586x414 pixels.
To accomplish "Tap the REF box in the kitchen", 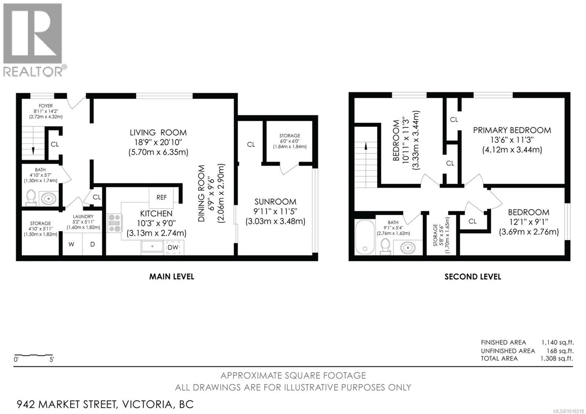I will [161, 197].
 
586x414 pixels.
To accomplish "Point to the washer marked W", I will [71, 244].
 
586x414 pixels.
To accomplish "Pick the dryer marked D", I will [92, 244].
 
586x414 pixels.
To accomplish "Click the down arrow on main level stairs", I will [33, 151].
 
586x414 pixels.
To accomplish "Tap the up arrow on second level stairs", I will [366, 146].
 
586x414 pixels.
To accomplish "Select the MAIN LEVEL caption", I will [172, 277].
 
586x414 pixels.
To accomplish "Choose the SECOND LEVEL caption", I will [473, 277].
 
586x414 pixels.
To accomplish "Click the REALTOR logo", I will [33, 40].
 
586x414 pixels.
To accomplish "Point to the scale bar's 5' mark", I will [52, 360].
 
